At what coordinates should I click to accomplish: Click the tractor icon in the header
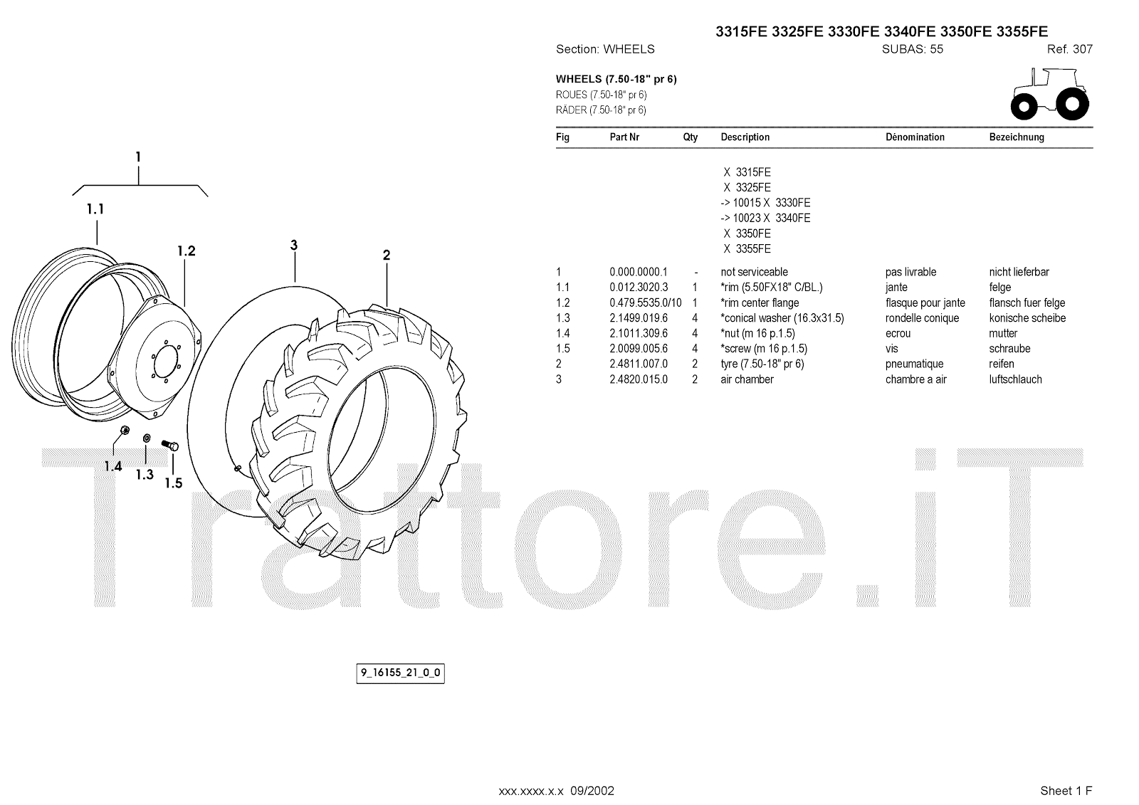[x=1049, y=93]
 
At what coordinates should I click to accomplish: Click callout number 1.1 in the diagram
[x=95, y=209]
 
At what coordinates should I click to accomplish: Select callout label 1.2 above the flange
[x=186, y=251]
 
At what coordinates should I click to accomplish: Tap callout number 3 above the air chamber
[x=293, y=246]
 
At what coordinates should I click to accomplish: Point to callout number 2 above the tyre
[x=387, y=256]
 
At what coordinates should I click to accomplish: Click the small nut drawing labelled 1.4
[x=125, y=430]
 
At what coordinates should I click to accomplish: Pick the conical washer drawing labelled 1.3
[x=147, y=437]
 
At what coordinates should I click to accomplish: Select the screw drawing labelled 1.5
[x=172, y=446]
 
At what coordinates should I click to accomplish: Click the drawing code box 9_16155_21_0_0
[x=400, y=673]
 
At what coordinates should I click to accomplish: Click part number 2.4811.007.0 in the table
[x=639, y=364]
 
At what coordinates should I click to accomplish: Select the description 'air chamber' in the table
[x=747, y=379]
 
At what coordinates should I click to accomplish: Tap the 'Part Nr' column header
[x=624, y=137]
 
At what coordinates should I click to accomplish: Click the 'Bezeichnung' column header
[x=1017, y=137]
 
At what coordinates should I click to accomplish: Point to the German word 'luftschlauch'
[x=1015, y=379]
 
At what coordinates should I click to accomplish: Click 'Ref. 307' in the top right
[x=1069, y=50]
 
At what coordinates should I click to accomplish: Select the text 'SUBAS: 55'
[x=912, y=50]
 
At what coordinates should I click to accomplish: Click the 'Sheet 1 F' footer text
[x=1066, y=790]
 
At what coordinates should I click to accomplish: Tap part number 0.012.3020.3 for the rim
[x=639, y=287]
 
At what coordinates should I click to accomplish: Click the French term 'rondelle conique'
[x=922, y=318]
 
